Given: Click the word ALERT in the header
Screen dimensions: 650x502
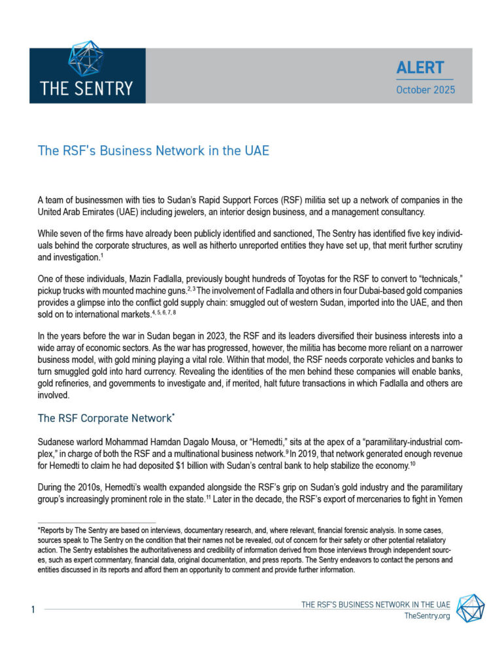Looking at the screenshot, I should click(420, 67).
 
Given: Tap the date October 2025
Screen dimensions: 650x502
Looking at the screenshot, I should click(425, 90).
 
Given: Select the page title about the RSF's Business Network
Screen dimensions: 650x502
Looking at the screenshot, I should click(153, 150).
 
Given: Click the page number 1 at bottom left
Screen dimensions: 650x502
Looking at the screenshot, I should click(32, 609).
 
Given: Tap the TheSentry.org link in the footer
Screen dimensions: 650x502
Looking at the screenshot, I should click(427, 616).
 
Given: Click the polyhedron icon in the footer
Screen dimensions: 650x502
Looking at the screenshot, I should click(470, 608).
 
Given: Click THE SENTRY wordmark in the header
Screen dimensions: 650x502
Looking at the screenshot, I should click(86, 88).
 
